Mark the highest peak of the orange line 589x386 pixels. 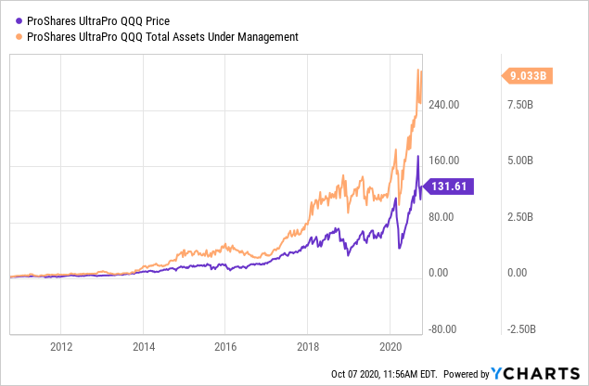[419, 70]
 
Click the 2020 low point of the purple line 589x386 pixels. [400, 247]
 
